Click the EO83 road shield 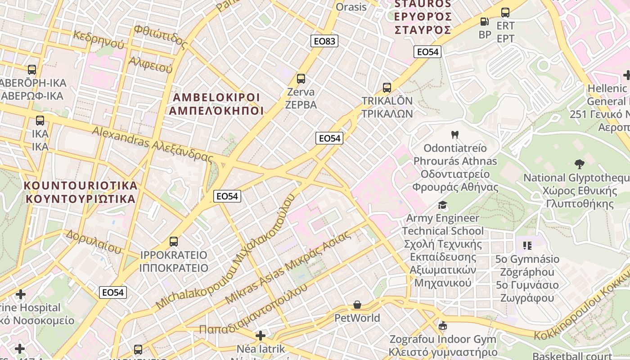point(324,41)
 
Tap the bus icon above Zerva point(301,79)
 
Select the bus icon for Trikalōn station point(387,88)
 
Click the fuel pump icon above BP point(485,21)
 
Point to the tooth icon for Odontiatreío point(454,135)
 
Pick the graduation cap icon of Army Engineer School point(443,205)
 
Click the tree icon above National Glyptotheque point(579,164)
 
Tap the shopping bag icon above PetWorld point(357,305)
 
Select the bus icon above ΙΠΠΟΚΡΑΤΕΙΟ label point(174,242)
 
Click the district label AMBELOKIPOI point(216,98)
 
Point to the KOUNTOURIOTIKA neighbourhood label point(81,185)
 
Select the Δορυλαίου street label point(94,241)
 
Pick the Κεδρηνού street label point(98,39)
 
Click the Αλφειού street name point(151,65)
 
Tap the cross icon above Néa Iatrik point(261,336)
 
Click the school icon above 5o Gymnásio point(527,246)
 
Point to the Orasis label point(351,7)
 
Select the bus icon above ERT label point(505,13)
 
